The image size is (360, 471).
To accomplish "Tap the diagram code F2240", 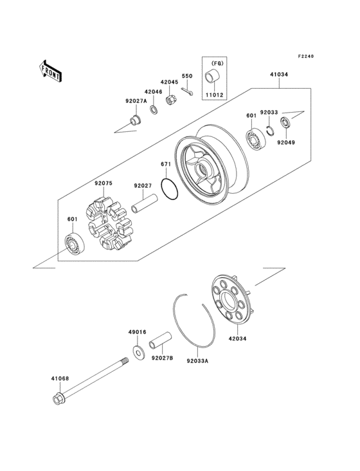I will pyautogui.click(x=305, y=57).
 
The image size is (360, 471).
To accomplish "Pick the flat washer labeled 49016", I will pyautogui.click(x=138, y=351).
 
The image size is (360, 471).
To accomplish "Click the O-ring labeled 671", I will pyautogui.click(x=168, y=191).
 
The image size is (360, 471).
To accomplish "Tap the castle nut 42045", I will pyautogui.click(x=171, y=100).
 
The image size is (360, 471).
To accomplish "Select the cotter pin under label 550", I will pyautogui.click(x=187, y=91).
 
